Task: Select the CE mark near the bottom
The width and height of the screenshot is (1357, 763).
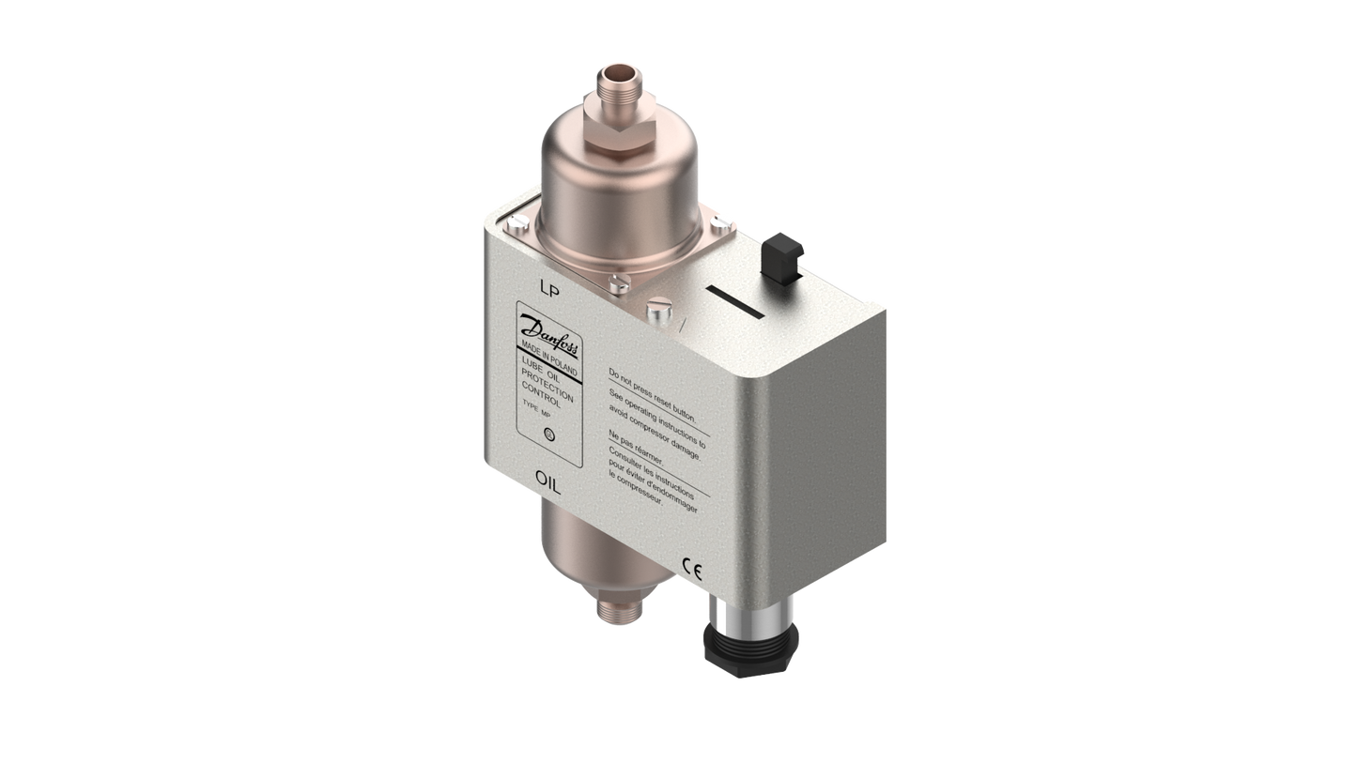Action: click(688, 565)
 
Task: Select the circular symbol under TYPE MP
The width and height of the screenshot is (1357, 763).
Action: click(548, 434)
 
